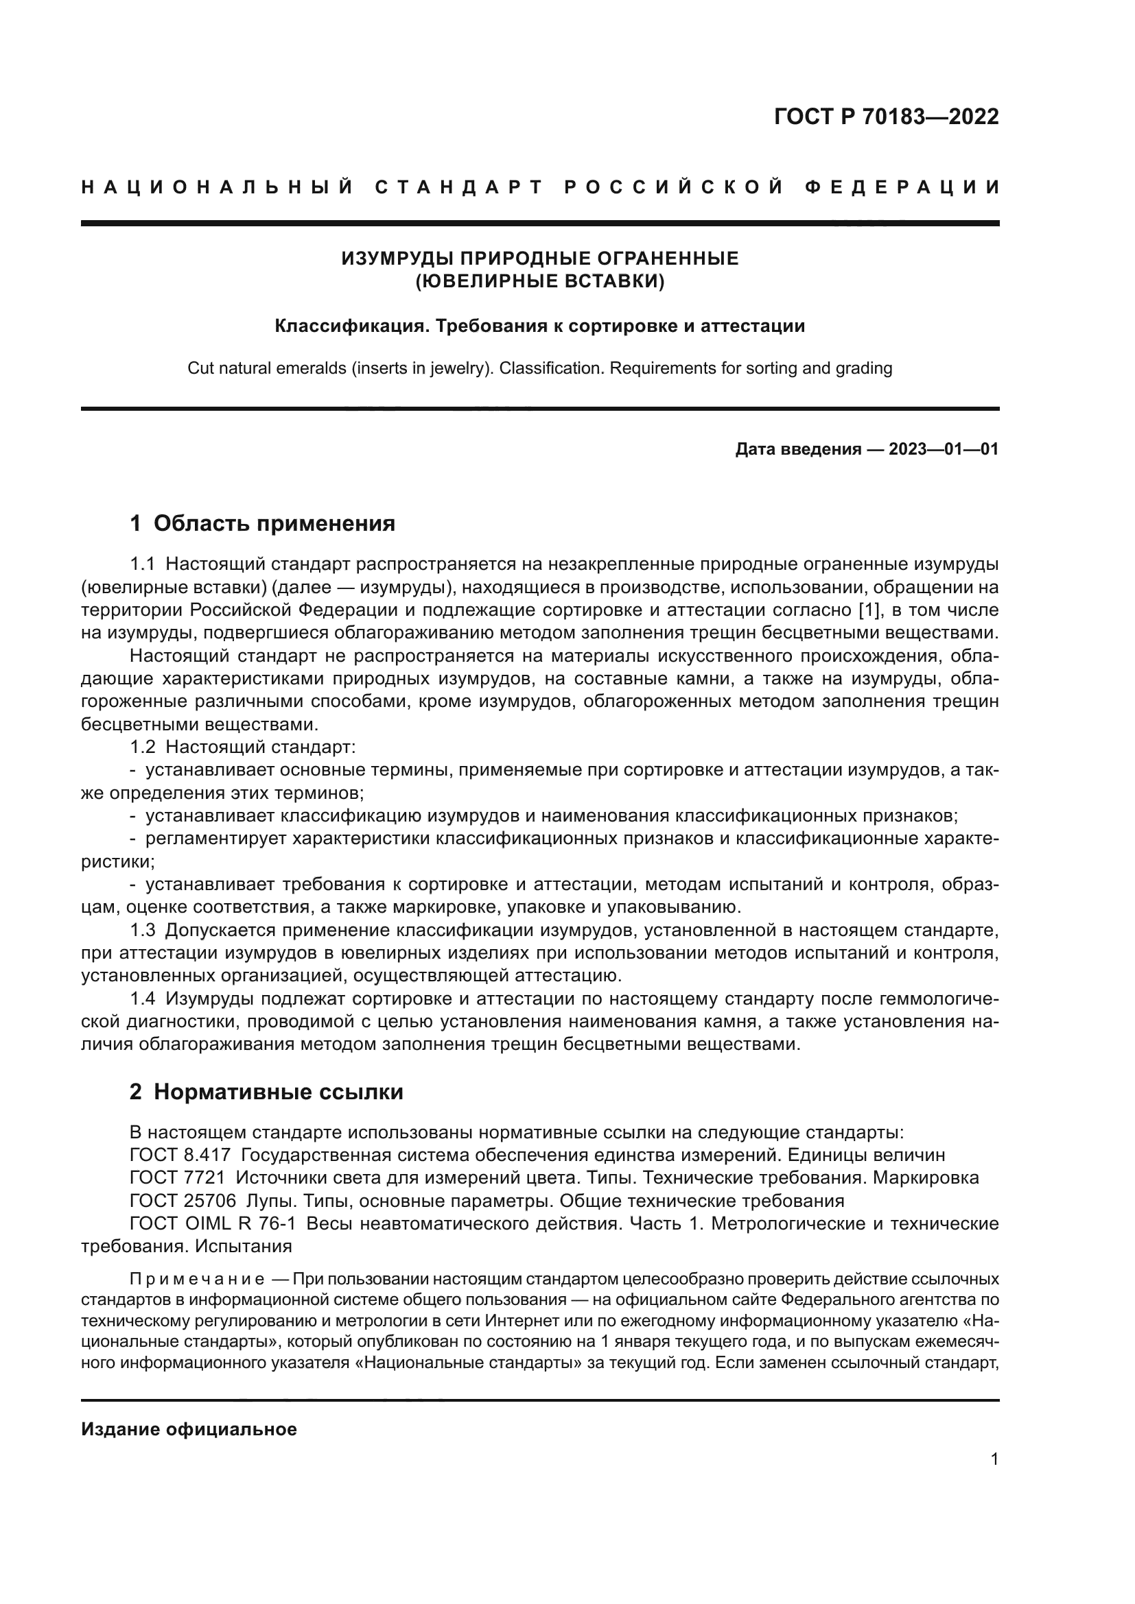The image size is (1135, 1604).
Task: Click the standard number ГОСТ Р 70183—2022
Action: pyautogui.click(x=885, y=117)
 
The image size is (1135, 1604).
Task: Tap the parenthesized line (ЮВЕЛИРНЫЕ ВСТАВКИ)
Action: pyautogui.click(x=539, y=283)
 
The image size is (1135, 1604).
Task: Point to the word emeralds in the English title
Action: pyautogui.click(x=309, y=368)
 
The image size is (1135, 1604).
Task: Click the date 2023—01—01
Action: pyautogui.click(x=943, y=449)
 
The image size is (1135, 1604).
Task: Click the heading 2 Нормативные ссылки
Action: pyautogui.click(x=266, y=1092)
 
